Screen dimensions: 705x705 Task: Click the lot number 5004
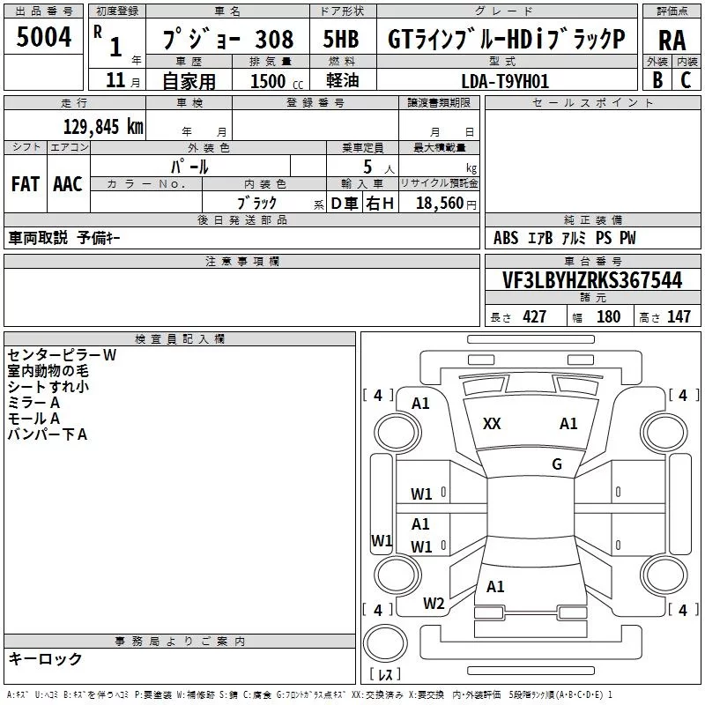click(43, 38)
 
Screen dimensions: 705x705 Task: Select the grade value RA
click(672, 41)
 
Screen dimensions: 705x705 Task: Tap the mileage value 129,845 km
click(103, 126)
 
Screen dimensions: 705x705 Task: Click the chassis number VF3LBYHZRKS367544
click(592, 280)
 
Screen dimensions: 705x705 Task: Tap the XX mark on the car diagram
click(492, 424)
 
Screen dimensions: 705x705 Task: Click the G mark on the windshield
click(556, 464)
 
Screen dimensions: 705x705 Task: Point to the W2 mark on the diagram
click(433, 604)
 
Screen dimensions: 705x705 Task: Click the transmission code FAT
click(26, 183)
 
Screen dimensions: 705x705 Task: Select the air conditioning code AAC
click(68, 183)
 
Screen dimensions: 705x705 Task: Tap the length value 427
click(534, 317)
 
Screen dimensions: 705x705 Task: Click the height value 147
click(679, 317)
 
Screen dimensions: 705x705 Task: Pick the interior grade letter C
click(686, 80)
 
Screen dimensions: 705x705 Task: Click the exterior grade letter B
click(657, 80)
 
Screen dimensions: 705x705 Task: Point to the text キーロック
click(45, 658)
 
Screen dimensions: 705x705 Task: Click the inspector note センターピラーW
click(62, 355)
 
